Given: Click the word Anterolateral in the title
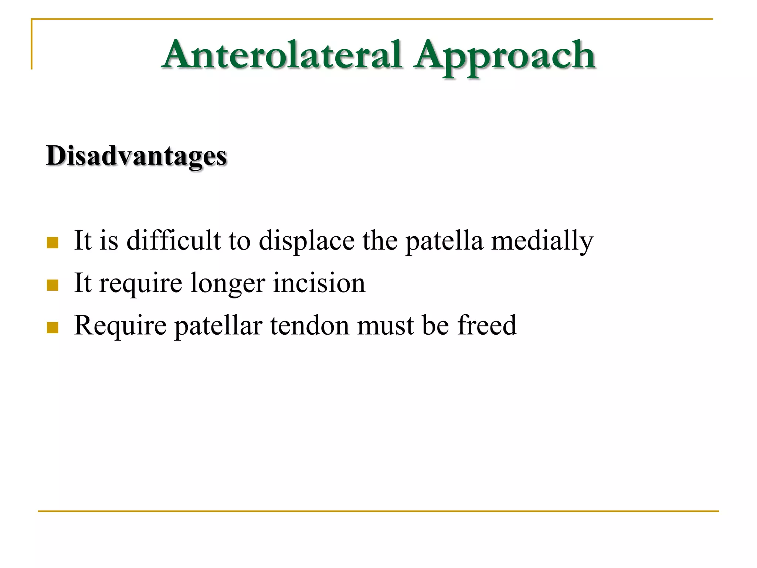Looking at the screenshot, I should [x=282, y=55].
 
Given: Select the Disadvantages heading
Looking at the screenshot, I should [x=136, y=156].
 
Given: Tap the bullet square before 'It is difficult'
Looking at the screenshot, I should [x=52, y=243].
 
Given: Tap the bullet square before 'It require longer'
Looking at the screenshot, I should [x=52, y=285].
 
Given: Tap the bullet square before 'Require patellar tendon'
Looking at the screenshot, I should [x=52, y=328].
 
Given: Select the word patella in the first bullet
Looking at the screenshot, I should [x=444, y=241].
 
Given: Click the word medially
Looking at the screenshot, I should [x=542, y=241].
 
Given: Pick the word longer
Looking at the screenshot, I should [x=228, y=284].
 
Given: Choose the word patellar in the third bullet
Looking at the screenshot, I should [x=218, y=326].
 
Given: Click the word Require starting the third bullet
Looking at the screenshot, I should [x=120, y=326].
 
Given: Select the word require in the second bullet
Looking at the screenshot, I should [x=140, y=284].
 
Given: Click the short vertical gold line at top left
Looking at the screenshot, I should [x=32, y=44].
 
